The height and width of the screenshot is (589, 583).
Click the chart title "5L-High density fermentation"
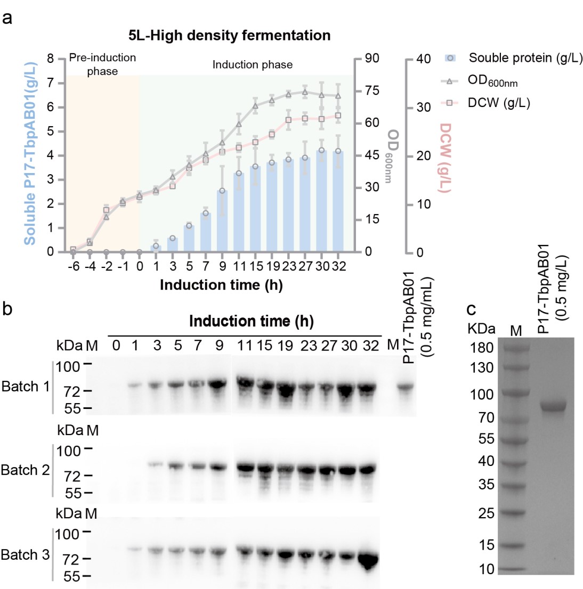pos(229,36)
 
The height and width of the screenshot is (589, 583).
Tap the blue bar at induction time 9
pos(222,221)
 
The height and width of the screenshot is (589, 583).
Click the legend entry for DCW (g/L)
pos(498,103)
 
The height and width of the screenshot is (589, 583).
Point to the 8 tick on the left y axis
pos(51,59)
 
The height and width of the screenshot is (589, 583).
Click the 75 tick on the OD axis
pos(371,91)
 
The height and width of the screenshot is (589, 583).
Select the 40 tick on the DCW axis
pos(423,59)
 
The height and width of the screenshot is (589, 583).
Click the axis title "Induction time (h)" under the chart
pos(221,285)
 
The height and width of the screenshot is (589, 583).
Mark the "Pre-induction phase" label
pos(102,64)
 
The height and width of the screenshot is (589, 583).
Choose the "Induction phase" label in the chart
pos(253,65)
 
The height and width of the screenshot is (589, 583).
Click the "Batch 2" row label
pos(25,470)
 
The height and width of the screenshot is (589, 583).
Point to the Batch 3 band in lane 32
pos(368,559)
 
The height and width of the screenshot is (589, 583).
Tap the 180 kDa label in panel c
pos(481,348)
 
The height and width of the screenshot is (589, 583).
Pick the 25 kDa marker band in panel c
pos(515,514)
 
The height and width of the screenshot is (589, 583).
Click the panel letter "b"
pos(7,309)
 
